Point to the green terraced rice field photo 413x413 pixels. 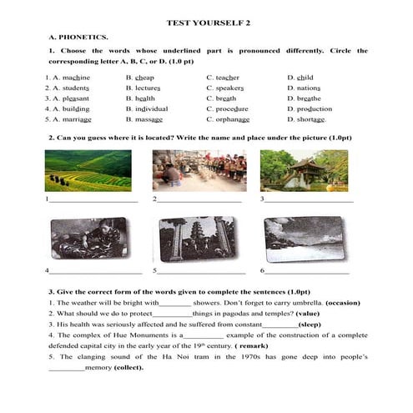pos(88,170)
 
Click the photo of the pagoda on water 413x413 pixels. pos(304,170)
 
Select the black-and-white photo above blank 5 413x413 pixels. pos(197,240)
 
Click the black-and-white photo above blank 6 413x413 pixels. pos(303,240)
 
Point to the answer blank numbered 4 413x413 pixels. pos(96,272)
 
